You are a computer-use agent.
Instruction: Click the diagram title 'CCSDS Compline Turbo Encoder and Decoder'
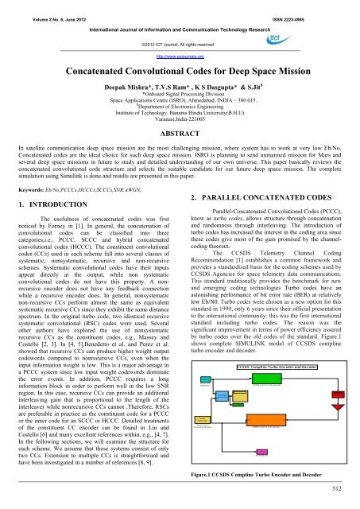tap(277, 367)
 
